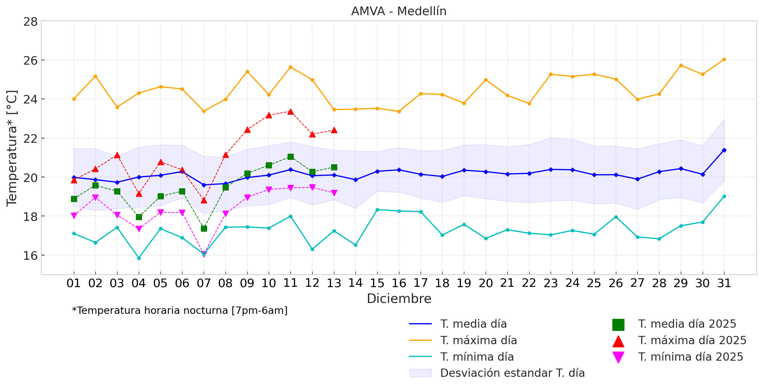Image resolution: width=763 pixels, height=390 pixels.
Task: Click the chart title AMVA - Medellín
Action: [x=399, y=11]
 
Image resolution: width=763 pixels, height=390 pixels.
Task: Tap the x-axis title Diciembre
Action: [x=399, y=299]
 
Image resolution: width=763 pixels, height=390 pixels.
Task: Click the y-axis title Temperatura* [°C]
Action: [x=12, y=148]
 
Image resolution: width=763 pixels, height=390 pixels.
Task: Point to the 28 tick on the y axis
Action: [x=30, y=22]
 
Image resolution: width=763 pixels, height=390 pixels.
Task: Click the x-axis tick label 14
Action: [x=355, y=283]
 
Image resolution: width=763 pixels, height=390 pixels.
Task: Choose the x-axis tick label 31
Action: [x=724, y=283]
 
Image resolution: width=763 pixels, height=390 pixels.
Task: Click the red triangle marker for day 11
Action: [x=290, y=112]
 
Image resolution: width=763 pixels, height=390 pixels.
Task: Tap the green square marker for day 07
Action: [x=204, y=228]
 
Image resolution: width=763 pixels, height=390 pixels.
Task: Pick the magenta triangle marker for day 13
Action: [x=334, y=193]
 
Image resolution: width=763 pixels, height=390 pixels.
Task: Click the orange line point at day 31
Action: [x=724, y=60]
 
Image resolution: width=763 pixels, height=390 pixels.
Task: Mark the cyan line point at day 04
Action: [x=139, y=258]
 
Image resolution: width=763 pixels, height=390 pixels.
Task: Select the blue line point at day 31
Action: [x=724, y=150]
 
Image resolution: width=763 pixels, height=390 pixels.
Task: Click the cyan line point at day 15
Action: [x=377, y=210]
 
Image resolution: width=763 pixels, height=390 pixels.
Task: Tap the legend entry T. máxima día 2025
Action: [x=692, y=341]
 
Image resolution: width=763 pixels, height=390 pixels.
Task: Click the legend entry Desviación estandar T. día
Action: [x=512, y=373]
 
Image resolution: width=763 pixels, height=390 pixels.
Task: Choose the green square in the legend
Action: [x=618, y=325]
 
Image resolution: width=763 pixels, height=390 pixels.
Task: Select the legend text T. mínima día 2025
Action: [x=690, y=357]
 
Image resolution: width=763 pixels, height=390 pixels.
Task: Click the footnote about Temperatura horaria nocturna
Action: [x=180, y=311]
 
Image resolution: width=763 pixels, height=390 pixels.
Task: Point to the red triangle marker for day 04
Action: [x=139, y=194]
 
